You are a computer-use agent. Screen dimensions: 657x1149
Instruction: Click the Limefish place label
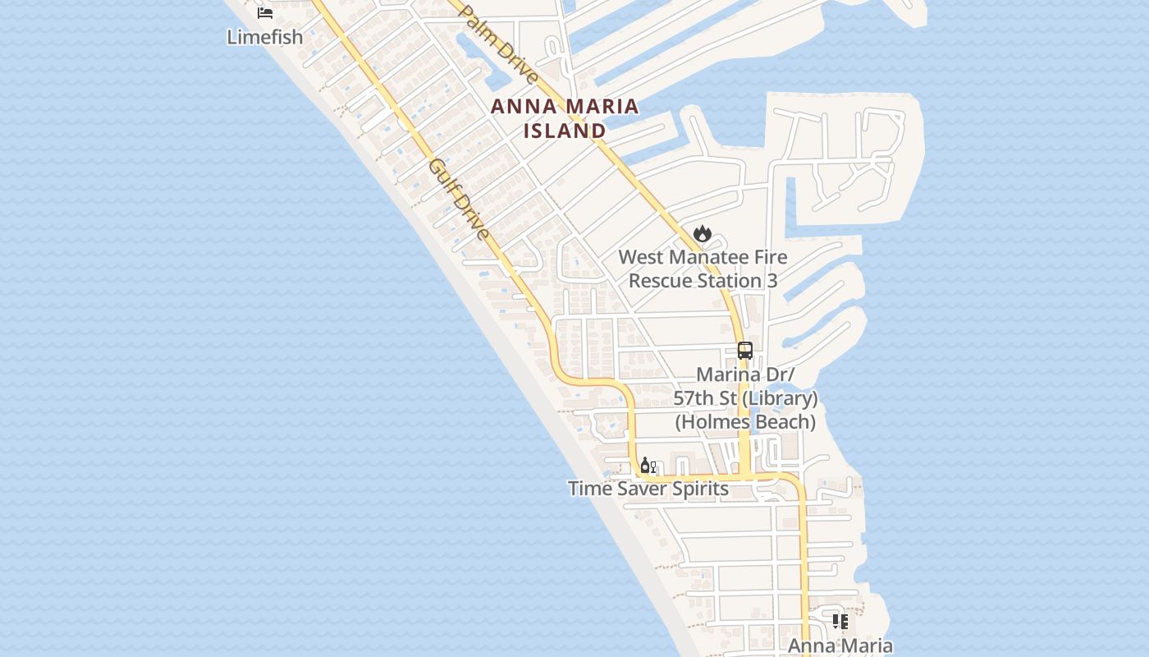pyautogui.click(x=265, y=37)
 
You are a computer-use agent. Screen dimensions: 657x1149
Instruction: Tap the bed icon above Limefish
pyautogui.click(x=265, y=12)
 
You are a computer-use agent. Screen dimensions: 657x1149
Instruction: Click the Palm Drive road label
pyautogui.click(x=498, y=44)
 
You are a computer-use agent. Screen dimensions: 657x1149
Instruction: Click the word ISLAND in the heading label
pyautogui.click(x=565, y=131)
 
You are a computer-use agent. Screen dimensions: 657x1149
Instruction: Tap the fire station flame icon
pyautogui.click(x=702, y=234)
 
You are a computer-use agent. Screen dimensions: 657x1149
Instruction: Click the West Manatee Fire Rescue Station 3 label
pyautogui.click(x=703, y=269)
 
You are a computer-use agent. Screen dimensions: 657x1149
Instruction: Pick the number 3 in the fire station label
pyautogui.click(x=771, y=281)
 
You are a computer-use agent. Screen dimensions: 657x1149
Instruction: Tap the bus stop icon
pyautogui.click(x=745, y=351)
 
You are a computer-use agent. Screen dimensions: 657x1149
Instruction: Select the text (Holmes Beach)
pyautogui.click(x=745, y=422)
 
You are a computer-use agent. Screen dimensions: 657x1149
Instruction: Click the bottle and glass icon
pyautogui.click(x=648, y=466)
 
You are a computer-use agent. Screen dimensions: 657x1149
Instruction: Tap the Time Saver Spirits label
pyautogui.click(x=648, y=489)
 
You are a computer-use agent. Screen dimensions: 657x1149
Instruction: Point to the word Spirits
pyautogui.click(x=698, y=489)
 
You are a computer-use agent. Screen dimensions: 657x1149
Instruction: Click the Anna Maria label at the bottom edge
pyautogui.click(x=840, y=646)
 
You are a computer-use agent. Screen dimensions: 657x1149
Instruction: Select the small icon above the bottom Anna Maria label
pyautogui.click(x=840, y=622)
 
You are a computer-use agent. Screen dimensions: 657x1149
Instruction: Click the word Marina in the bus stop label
pyautogui.click(x=726, y=374)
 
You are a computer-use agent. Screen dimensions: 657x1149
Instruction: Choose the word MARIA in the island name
pyautogui.click(x=602, y=106)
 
